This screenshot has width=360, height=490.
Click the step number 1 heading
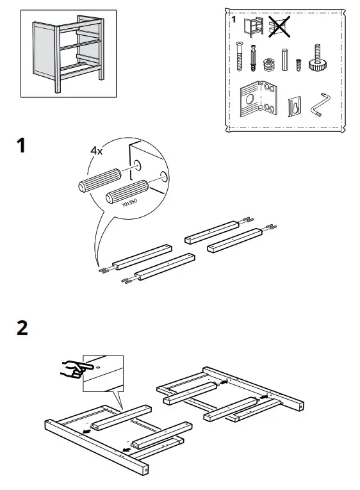(x=21, y=146)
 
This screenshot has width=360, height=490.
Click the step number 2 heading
(x=22, y=328)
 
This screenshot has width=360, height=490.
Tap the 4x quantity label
(x=97, y=151)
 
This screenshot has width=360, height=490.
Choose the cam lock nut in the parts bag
(x=268, y=65)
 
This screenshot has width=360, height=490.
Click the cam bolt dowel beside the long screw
(x=254, y=58)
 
